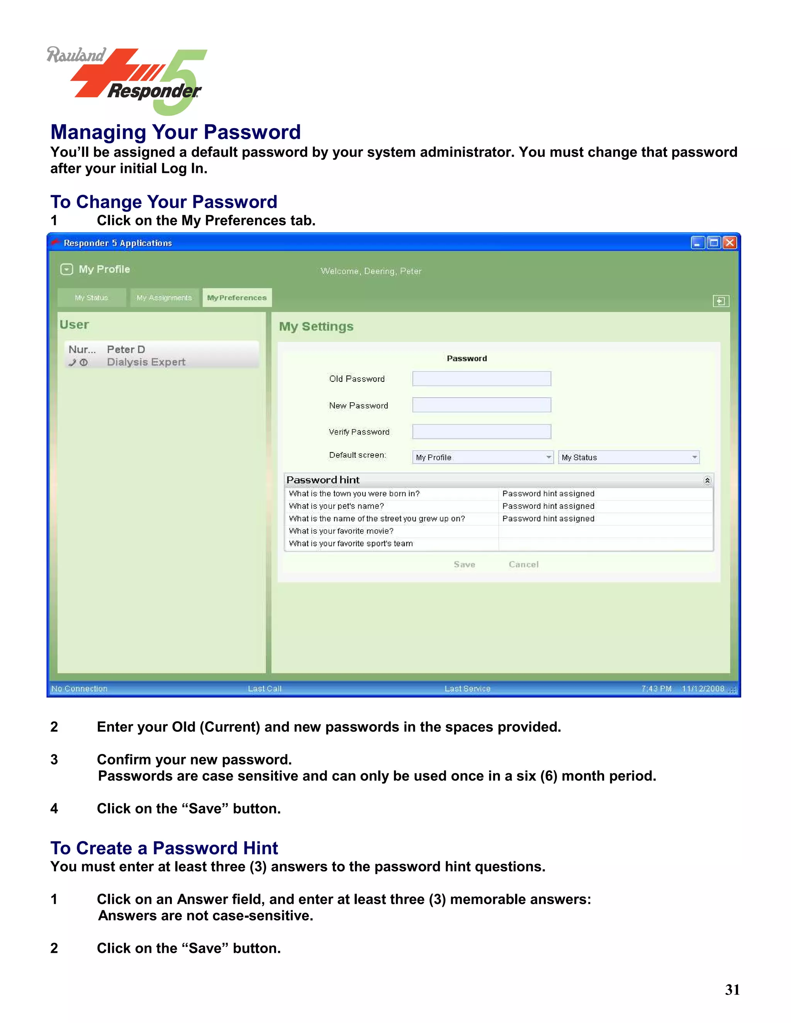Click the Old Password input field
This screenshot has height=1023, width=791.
click(x=481, y=378)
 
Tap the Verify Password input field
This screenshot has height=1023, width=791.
click(x=481, y=432)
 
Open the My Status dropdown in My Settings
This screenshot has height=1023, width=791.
click(x=628, y=457)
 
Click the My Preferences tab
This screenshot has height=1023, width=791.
click(x=237, y=297)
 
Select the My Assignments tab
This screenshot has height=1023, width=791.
click(x=164, y=297)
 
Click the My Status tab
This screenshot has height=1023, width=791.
click(x=92, y=297)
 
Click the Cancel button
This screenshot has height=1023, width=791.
click(x=523, y=564)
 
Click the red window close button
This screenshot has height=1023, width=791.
click(x=730, y=243)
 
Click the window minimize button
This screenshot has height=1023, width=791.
click(x=697, y=243)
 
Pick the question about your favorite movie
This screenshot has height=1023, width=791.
click(x=341, y=531)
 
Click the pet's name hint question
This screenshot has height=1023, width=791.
click(x=336, y=506)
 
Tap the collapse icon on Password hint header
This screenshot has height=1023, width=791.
click(x=707, y=480)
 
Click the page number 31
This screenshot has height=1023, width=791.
click(x=732, y=989)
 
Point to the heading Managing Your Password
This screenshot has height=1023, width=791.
click(x=175, y=132)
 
